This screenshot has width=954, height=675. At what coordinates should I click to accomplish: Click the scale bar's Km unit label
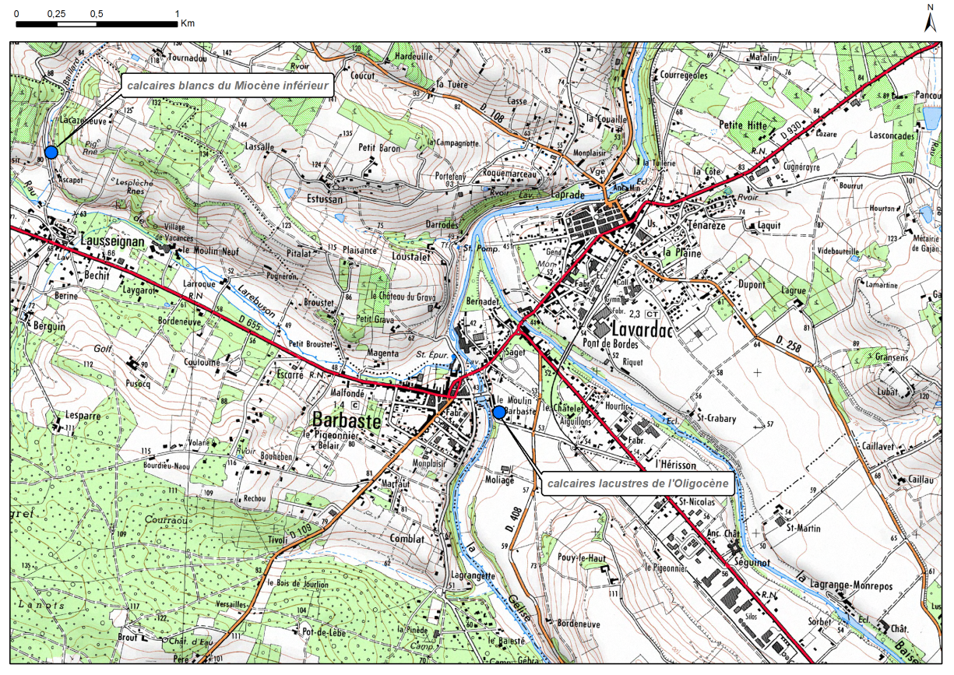tap(187, 23)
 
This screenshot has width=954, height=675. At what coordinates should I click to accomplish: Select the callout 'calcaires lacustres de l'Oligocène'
tap(637, 483)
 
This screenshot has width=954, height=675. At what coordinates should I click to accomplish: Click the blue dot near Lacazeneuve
tap(51, 153)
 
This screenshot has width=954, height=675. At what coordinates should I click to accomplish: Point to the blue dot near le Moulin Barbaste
tap(498, 412)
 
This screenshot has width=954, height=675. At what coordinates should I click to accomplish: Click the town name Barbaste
tap(346, 421)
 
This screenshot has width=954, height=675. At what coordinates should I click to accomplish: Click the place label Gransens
tap(870, 357)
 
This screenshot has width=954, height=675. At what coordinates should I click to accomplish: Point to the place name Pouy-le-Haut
tap(582, 558)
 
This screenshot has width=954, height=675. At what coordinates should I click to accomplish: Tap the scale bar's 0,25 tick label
tap(56, 14)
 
